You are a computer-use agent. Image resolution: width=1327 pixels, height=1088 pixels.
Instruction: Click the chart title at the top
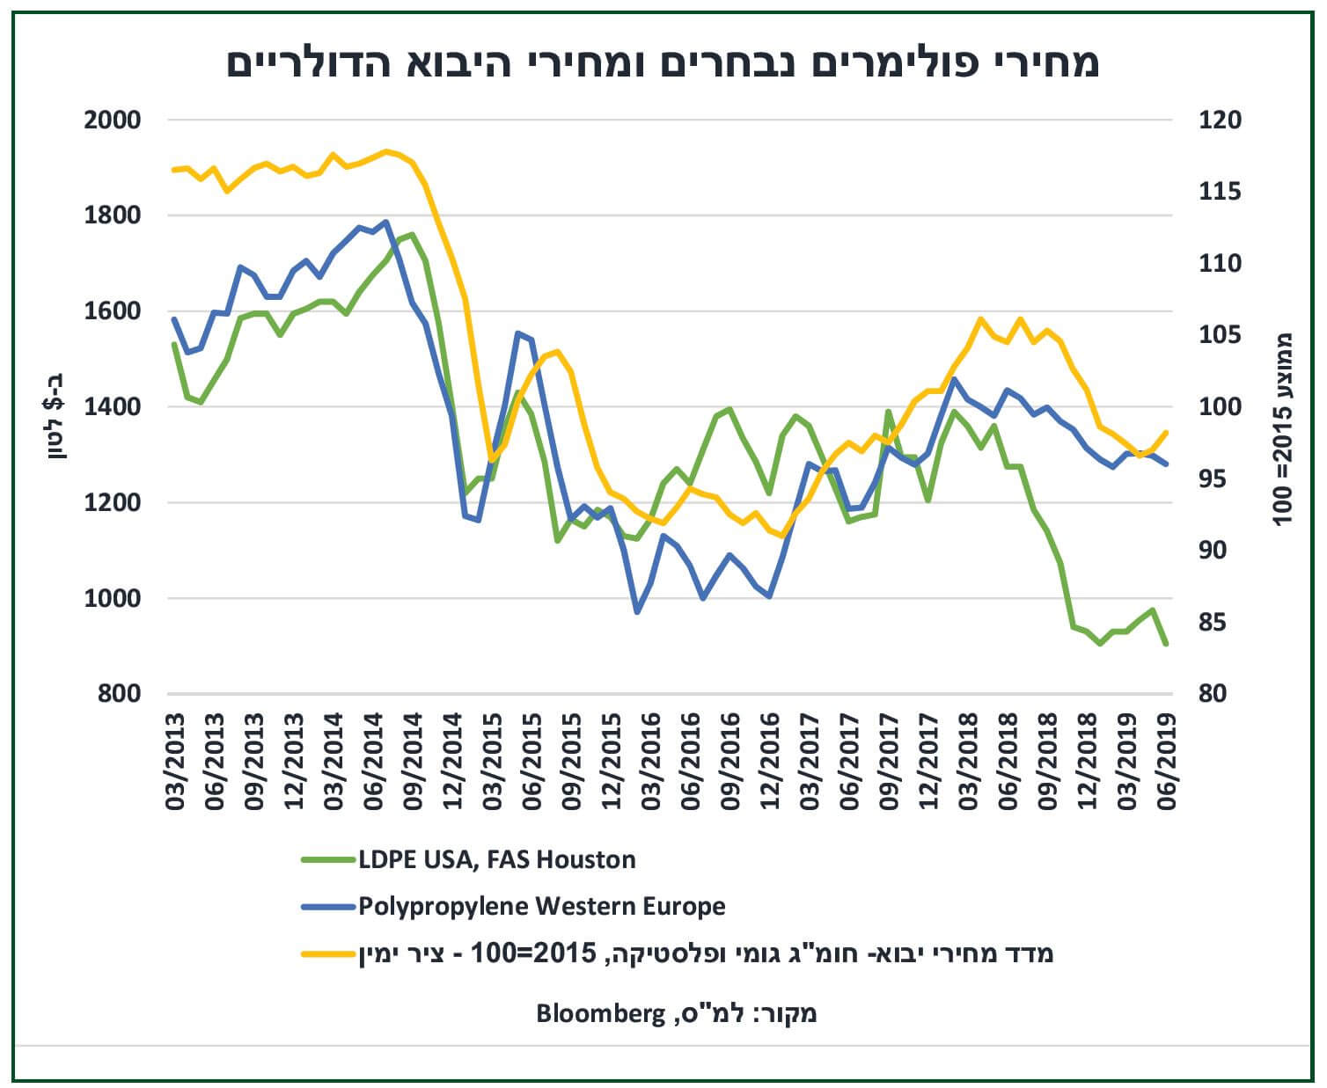(663, 63)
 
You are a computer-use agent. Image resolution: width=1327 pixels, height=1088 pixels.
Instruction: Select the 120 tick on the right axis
(1216, 120)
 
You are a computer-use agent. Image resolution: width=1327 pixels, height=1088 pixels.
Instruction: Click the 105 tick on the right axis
(1216, 336)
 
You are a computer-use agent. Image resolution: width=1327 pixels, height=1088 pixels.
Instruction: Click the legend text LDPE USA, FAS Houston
(496, 859)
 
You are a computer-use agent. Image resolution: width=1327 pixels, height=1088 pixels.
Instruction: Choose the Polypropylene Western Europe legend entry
(541, 907)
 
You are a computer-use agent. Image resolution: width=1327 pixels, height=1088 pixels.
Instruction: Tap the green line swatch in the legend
(326, 859)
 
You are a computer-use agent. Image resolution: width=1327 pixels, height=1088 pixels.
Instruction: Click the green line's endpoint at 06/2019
(1166, 645)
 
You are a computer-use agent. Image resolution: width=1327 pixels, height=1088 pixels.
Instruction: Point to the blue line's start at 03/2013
(174, 319)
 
